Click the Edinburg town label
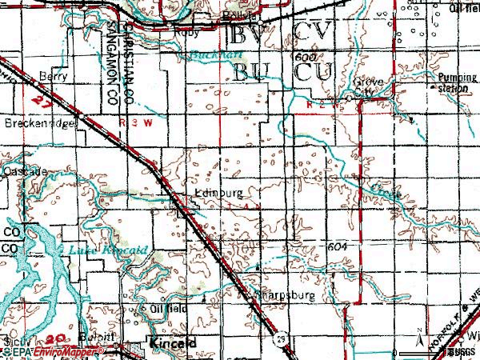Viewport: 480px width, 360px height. [217, 193]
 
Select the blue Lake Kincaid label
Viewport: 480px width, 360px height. [107, 250]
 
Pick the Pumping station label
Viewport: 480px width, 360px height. [450, 82]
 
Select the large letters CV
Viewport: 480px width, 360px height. [309, 34]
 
